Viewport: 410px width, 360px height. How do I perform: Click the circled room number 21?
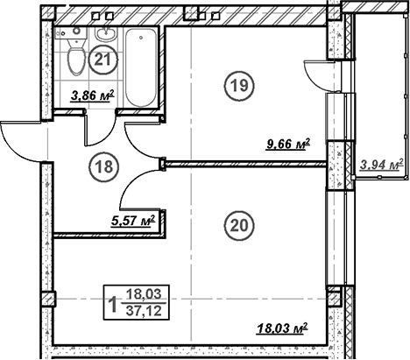(103, 60)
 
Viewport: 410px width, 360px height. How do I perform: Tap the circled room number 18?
(103, 165)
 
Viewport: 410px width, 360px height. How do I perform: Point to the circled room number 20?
(237, 224)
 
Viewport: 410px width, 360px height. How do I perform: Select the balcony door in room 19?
(317, 74)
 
